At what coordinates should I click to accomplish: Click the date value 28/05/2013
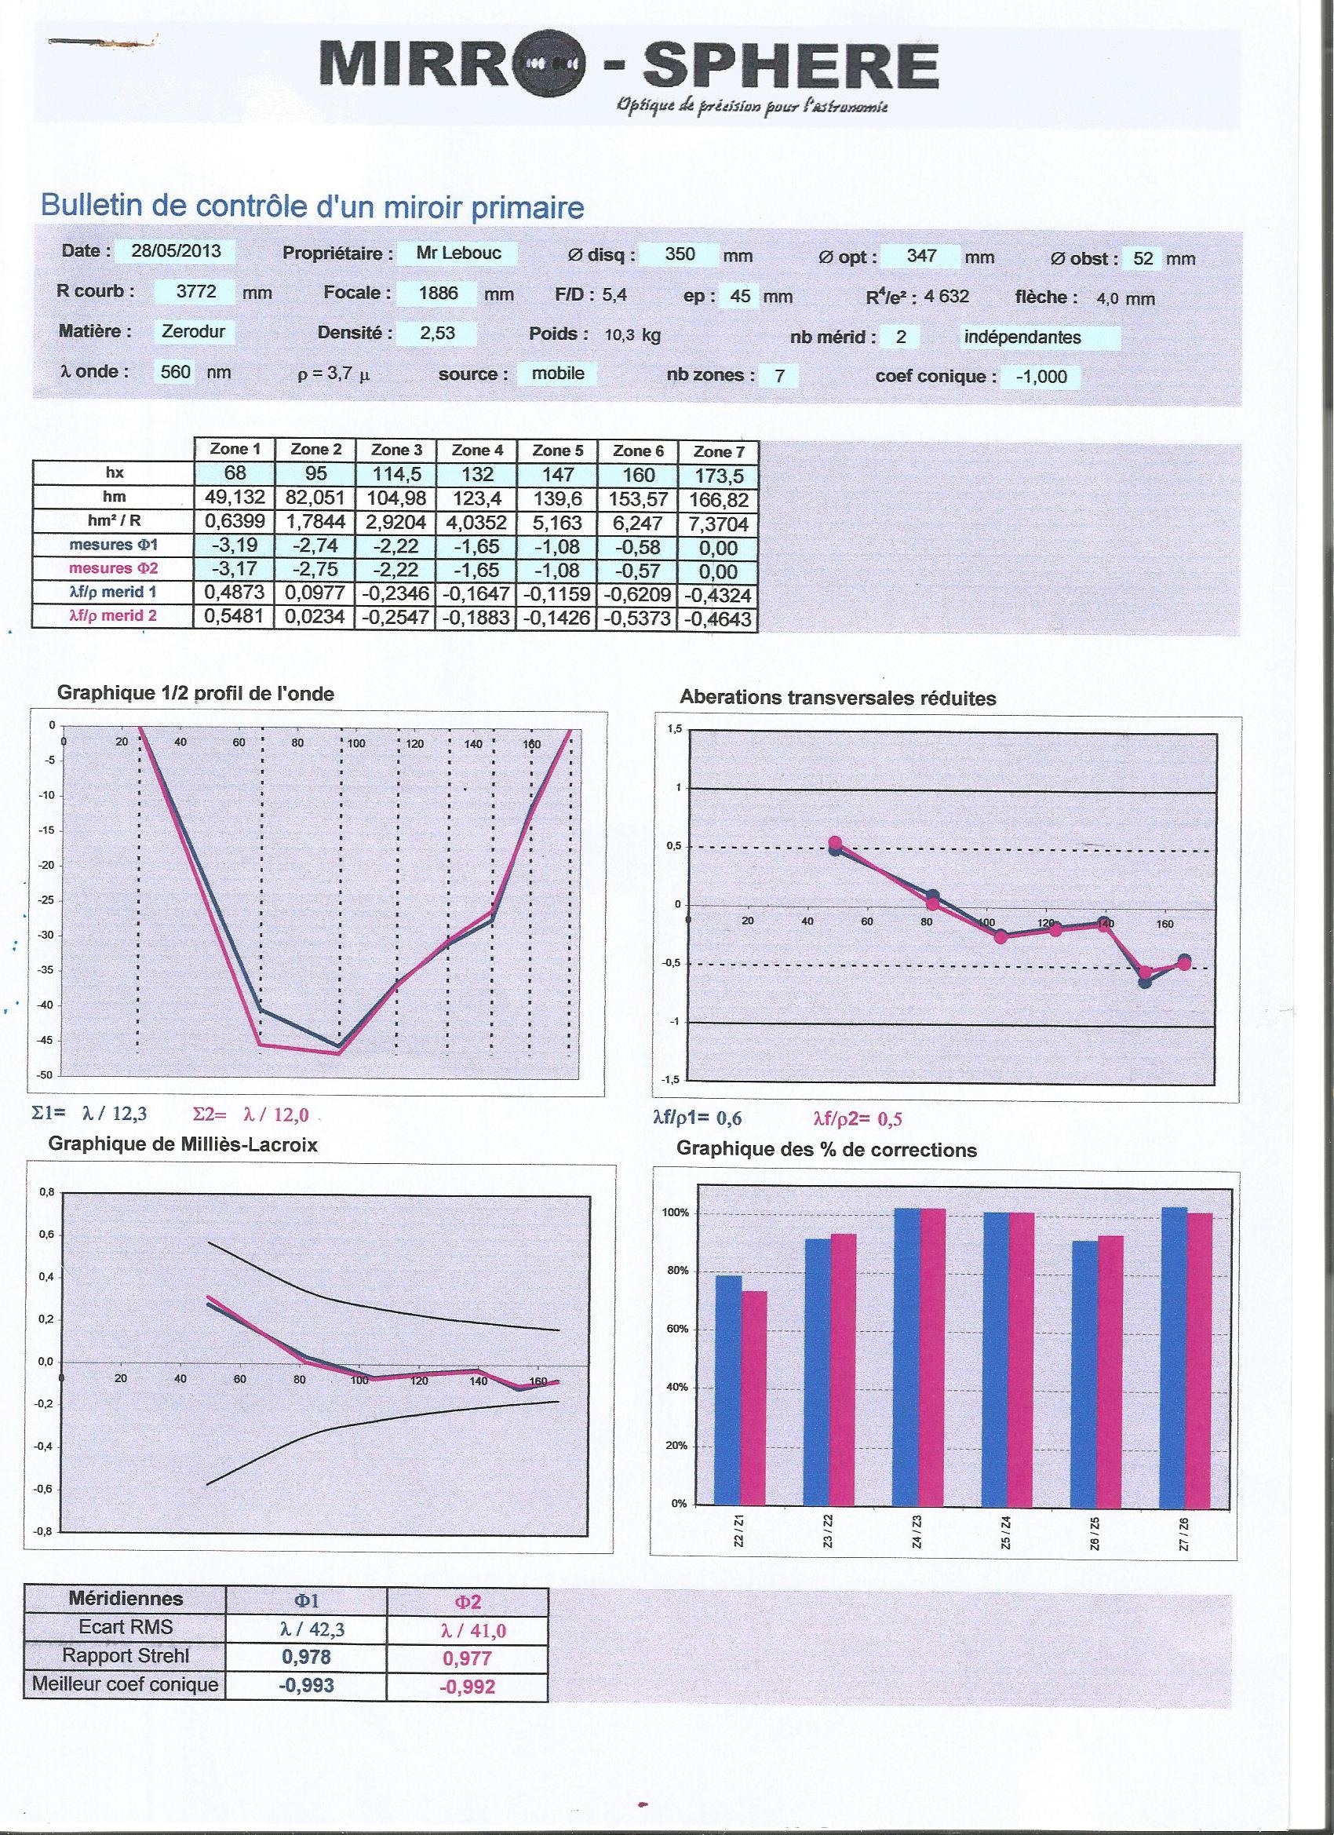click(x=176, y=251)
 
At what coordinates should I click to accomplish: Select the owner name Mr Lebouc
click(x=459, y=254)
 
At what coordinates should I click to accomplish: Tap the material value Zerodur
click(x=193, y=331)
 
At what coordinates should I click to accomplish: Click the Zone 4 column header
click(x=476, y=451)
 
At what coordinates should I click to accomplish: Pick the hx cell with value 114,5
click(x=396, y=474)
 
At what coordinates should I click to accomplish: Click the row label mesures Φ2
click(x=114, y=569)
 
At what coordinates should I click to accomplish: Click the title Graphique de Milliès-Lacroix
click(x=183, y=1145)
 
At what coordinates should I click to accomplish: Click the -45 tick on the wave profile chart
click(x=49, y=1041)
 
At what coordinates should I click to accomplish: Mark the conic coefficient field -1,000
click(x=1041, y=377)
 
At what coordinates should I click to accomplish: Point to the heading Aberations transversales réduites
click(x=838, y=699)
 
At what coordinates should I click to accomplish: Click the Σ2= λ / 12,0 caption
click(x=252, y=1116)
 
